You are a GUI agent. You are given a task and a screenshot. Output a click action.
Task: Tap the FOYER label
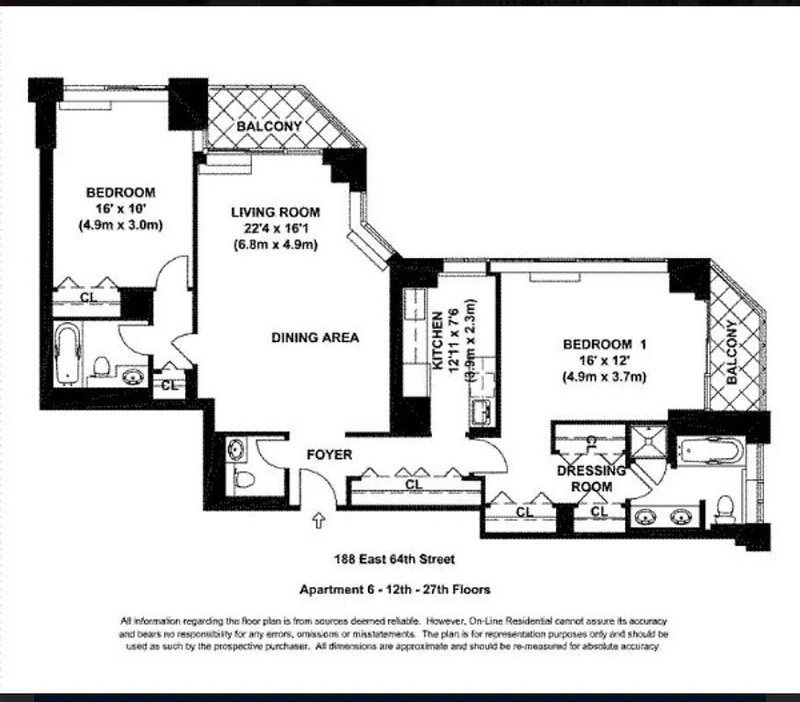[x=328, y=455]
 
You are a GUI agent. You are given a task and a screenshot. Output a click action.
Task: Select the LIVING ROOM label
[x=275, y=212]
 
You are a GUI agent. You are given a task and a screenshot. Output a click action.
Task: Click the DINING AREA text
[x=314, y=337]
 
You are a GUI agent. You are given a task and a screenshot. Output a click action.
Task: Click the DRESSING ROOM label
[x=591, y=478]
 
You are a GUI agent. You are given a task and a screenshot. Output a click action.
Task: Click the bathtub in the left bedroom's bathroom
[x=68, y=355]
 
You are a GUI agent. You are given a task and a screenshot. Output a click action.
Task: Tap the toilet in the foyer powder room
[x=246, y=479]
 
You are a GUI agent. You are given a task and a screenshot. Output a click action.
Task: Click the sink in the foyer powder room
[x=236, y=450]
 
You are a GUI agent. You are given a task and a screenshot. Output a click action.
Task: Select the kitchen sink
[x=480, y=412]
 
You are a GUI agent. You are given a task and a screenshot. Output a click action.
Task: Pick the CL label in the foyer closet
[x=414, y=484]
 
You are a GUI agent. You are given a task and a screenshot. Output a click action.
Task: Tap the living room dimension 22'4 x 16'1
[x=275, y=229]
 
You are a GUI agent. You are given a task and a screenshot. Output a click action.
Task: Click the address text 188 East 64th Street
[x=393, y=559]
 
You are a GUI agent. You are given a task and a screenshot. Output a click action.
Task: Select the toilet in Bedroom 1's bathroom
[x=725, y=506]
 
